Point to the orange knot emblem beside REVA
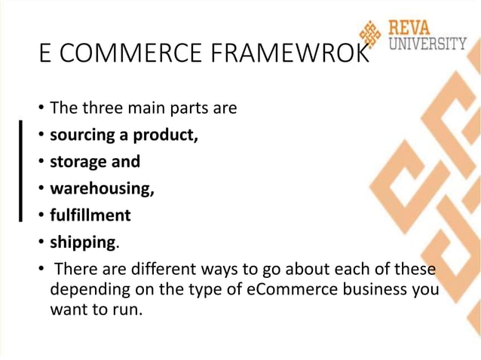371,34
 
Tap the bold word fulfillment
90,215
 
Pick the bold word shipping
82,243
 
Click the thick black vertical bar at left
23,169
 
